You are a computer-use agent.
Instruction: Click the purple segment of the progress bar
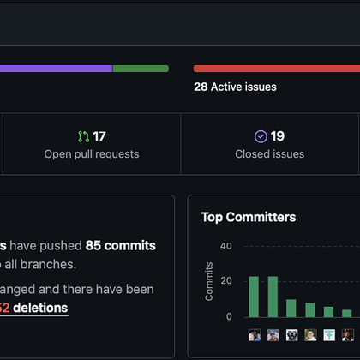pos(56,69)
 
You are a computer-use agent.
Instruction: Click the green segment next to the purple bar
pos(141,69)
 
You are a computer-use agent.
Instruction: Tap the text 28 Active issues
pos(235,87)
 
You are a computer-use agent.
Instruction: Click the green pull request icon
pos(83,136)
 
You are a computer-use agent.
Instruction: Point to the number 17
pos(99,136)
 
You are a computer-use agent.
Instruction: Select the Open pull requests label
pos(92,154)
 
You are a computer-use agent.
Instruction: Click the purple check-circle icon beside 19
pos(261,136)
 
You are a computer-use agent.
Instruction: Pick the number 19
pos(278,136)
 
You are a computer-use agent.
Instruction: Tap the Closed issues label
pos(269,154)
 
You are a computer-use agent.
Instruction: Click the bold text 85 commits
pos(121,245)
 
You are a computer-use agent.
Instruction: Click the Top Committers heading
pos(249,217)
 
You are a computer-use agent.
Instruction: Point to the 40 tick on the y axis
pos(226,247)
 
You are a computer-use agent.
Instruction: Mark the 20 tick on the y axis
pos(226,281)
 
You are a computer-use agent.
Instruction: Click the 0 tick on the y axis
pos(229,316)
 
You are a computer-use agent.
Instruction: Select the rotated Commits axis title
pos(209,282)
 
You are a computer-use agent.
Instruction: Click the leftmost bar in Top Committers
pos(254,297)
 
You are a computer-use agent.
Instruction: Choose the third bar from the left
pos(291,308)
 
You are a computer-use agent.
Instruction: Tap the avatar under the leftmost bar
pos(254,334)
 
